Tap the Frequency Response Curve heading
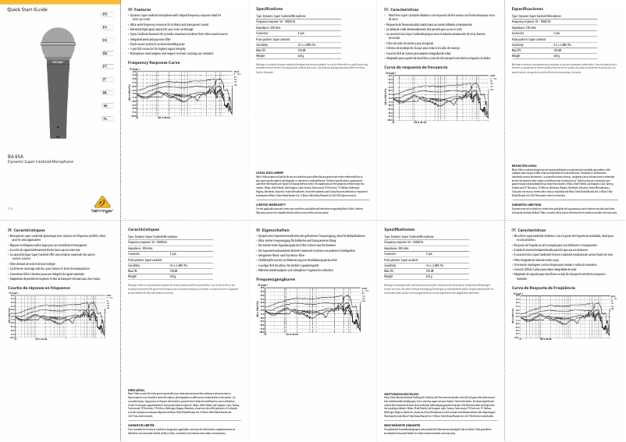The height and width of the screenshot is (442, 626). (158, 62)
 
